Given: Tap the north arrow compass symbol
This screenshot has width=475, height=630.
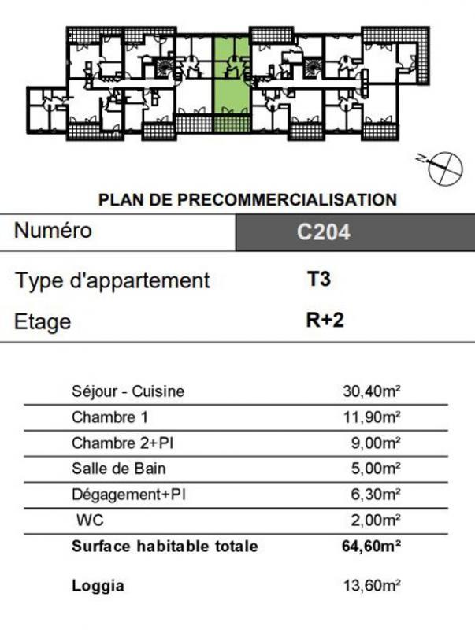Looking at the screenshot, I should click(x=443, y=168).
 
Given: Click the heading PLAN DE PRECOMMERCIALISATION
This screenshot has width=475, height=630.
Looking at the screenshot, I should click(x=247, y=200).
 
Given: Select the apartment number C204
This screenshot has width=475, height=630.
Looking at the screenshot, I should click(x=323, y=233).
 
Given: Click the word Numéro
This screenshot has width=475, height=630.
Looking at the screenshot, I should click(x=53, y=232).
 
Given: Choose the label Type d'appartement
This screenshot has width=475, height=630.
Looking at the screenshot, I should click(x=113, y=281).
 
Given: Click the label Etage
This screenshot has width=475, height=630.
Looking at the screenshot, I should click(x=43, y=322).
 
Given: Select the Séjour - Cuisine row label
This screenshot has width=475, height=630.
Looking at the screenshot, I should click(x=128, y=391).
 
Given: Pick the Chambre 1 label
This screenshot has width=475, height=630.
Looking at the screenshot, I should click(x=109, y=417).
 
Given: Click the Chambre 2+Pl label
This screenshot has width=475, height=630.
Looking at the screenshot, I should click(x=122, y=443).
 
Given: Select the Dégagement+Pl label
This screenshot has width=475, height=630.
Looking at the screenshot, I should click(x=128, y=495).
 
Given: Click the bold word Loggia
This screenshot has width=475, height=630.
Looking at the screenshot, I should click(x=98, y=586).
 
